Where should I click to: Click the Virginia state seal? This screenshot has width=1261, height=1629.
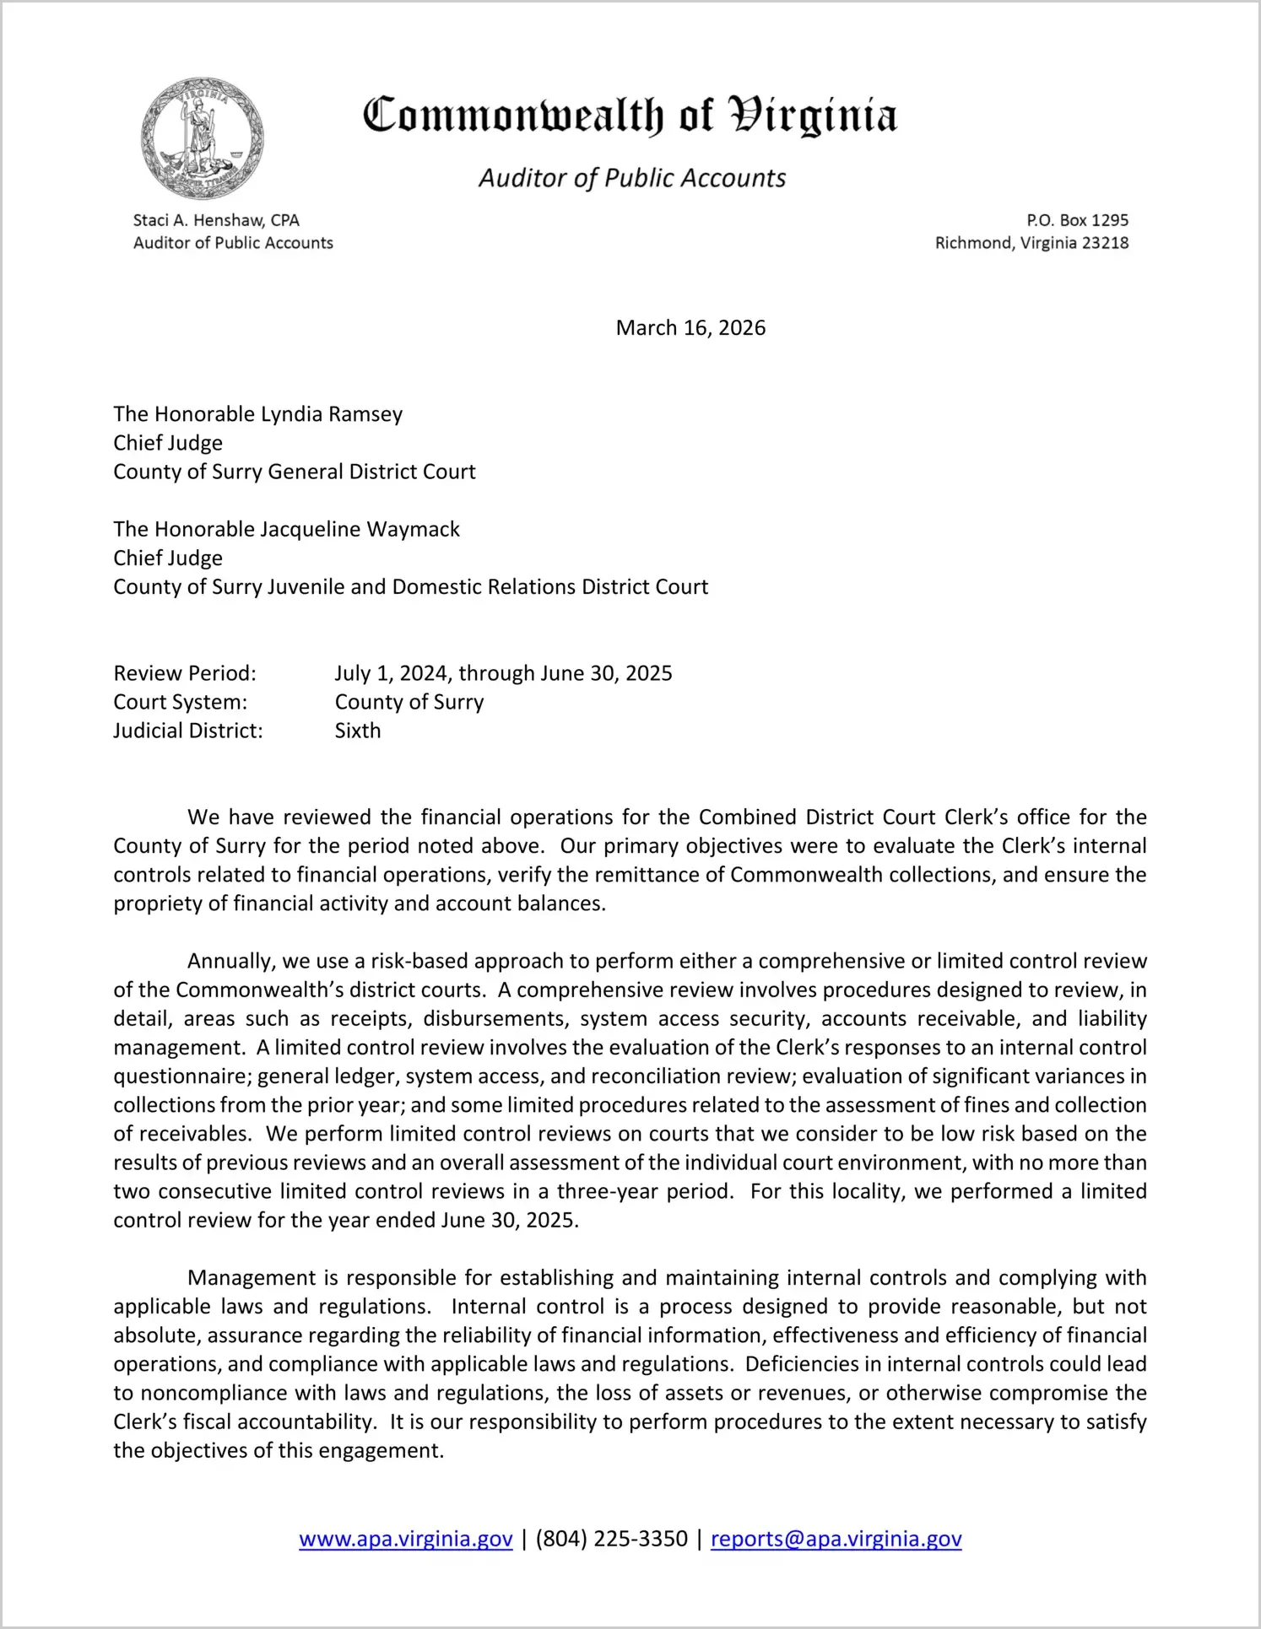203,138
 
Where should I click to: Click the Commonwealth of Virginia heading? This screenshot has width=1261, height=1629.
630,116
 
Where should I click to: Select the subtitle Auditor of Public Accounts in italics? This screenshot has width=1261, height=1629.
632,178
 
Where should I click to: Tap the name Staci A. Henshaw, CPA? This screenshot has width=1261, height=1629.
216,220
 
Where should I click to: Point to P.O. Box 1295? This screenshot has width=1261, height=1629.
1077,220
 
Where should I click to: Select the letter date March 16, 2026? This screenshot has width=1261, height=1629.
690,327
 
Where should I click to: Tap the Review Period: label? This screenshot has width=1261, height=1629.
185,673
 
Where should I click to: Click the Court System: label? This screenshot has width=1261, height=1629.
181,702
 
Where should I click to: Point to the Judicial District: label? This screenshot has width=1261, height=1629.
188,731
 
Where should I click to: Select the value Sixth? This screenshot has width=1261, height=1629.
358,731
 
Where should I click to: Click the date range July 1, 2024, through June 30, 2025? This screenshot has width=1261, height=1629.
503,673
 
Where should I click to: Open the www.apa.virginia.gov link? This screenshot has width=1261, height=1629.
406,1539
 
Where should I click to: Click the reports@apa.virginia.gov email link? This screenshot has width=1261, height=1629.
836,1539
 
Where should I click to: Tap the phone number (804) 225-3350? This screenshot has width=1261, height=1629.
611,1539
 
